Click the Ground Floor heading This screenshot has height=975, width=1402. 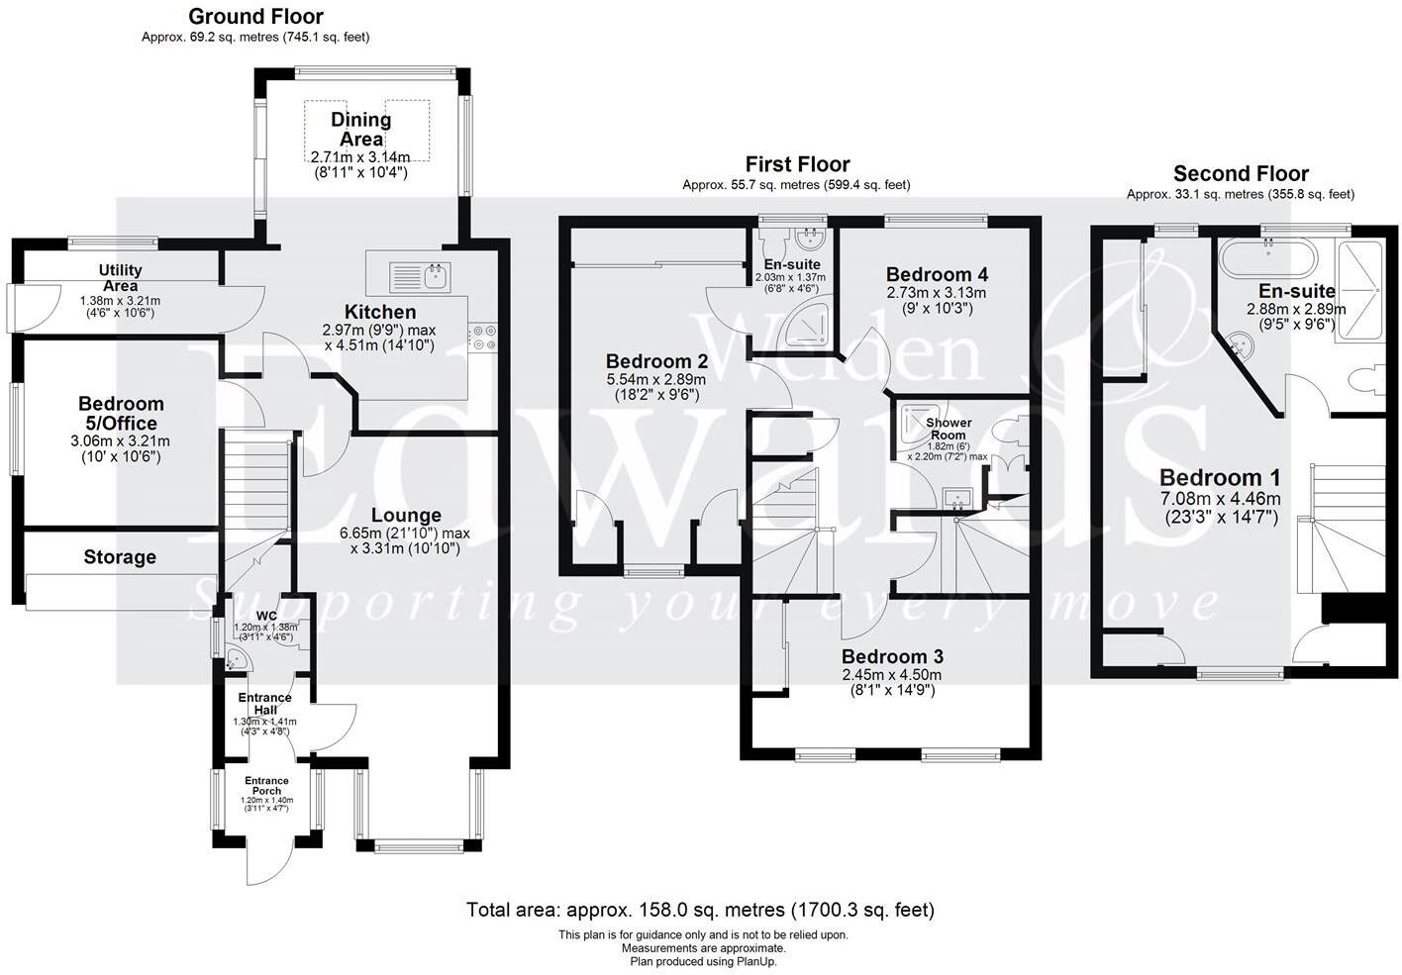(255, 17)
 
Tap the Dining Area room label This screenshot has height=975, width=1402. (360, 130)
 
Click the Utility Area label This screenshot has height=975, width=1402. (120, 277)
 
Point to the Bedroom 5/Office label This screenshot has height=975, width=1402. (121, 413)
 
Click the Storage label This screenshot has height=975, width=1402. (120, 557)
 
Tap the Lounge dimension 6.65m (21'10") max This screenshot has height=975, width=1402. (405, 533)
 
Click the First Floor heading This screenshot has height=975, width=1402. (797, 164)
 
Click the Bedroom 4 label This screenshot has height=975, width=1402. (937, 274)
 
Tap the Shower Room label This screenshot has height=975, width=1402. (948, 429)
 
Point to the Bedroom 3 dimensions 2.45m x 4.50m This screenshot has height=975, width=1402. (891, 675)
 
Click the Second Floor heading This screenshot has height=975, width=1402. (1241, 174)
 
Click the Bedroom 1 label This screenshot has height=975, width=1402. (1219, 477)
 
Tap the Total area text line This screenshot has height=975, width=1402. (700, 909)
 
